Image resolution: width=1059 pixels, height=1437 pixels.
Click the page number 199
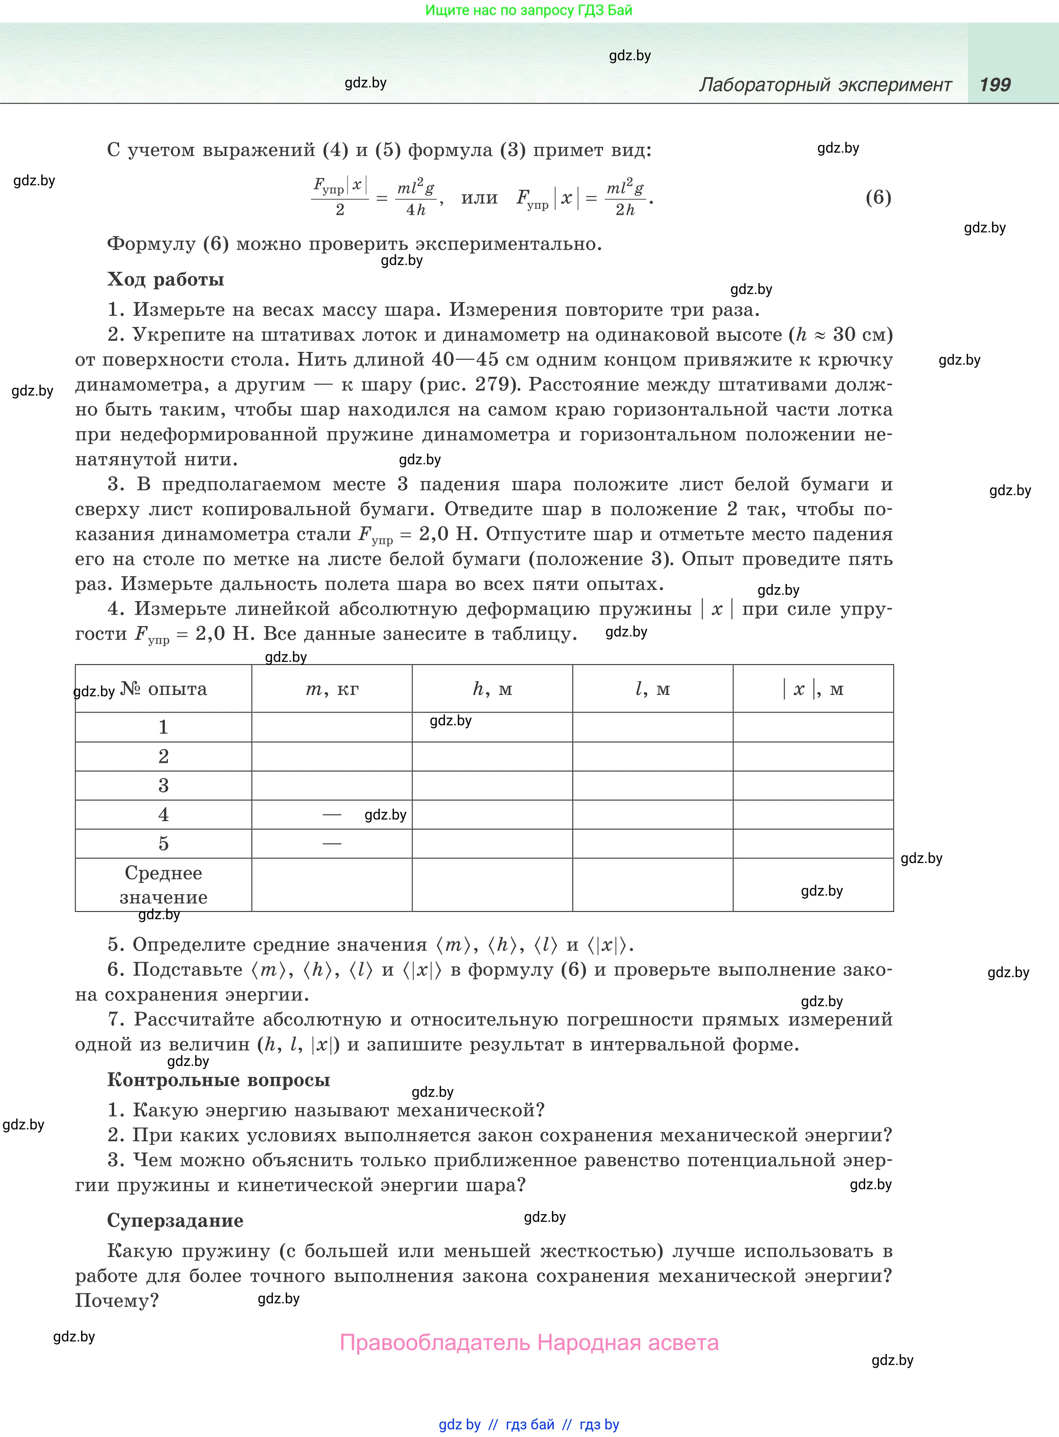[994, 85]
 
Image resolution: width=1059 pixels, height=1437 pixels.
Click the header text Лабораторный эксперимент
[825, 85]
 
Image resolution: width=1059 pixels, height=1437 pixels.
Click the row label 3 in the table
[163, 786]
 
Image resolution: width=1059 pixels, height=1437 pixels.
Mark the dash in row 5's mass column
[331, 843]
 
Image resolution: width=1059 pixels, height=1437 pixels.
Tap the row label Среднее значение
[163, 885]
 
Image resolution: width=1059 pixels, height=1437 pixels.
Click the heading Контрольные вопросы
[219, 1080]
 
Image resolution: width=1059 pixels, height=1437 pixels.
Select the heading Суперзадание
[175, 1220]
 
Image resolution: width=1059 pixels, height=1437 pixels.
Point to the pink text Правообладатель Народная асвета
[529, 1342]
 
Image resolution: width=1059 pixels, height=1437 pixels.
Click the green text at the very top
[529, 10]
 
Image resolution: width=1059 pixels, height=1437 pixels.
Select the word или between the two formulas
[479, 198]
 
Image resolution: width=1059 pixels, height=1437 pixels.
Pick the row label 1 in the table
[163, 727]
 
